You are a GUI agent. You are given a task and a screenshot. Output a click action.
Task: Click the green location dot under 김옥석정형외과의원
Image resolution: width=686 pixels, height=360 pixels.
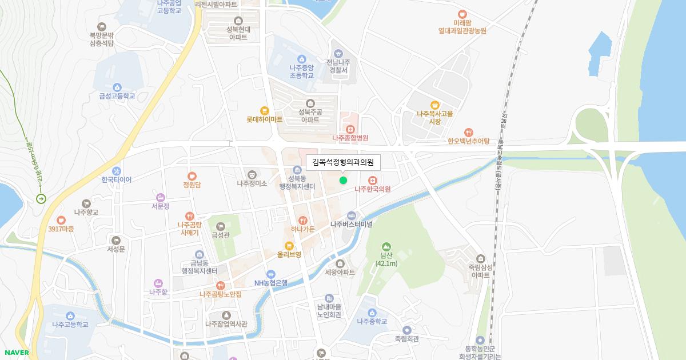(343, 181)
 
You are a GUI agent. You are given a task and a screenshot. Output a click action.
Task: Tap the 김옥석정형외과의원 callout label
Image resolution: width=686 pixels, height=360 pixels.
(343, 163)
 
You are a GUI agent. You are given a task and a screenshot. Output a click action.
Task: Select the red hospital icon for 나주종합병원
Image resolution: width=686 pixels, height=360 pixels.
(350, 129)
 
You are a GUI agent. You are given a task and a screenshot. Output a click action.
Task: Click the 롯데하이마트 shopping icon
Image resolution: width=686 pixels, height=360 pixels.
(264, 111)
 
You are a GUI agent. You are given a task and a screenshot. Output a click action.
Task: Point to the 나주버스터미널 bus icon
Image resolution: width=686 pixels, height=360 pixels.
(351, 215)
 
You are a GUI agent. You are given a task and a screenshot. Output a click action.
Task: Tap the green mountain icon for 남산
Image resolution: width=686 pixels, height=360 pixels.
(386, 246)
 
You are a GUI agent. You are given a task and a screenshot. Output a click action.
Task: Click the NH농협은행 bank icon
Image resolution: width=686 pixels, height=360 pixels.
(271, 274)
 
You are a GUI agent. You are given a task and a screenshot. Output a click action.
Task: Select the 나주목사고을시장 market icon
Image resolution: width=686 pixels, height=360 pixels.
(435, 105)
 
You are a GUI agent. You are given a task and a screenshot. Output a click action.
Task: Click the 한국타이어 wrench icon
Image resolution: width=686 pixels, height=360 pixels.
(117, 171)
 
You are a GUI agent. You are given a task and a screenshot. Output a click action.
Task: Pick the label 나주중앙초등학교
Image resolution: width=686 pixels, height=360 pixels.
(301, 71)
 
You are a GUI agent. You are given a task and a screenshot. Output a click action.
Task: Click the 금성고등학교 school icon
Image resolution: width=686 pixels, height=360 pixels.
(117, 87)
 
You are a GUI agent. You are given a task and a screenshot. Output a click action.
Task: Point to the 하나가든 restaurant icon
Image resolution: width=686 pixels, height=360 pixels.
(303, 220)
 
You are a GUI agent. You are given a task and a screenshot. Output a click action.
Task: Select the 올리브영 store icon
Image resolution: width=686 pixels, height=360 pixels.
(289, 245)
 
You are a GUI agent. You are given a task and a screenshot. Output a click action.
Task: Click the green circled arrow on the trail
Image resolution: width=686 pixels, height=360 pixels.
(41, 199)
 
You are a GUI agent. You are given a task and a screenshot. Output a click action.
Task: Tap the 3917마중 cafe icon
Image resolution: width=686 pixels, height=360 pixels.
(61, 220)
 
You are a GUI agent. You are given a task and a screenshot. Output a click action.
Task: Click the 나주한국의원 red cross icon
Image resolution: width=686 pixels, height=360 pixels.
(373, 180)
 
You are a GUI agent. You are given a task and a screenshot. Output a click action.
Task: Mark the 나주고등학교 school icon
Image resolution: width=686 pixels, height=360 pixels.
(70, 316)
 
